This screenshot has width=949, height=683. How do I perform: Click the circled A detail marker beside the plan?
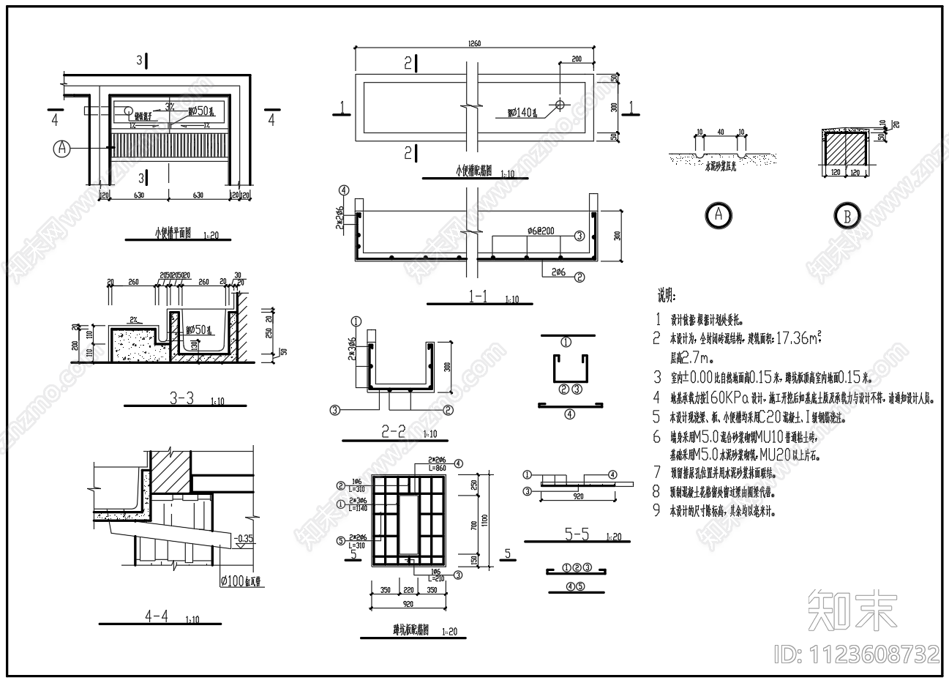(63, 148)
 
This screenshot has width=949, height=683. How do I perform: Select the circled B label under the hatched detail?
(847, 216)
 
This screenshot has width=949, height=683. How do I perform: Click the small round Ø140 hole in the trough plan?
(560, 104)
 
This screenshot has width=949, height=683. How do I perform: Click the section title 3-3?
(181, 398)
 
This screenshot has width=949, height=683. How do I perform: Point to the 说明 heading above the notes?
(666, 296)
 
